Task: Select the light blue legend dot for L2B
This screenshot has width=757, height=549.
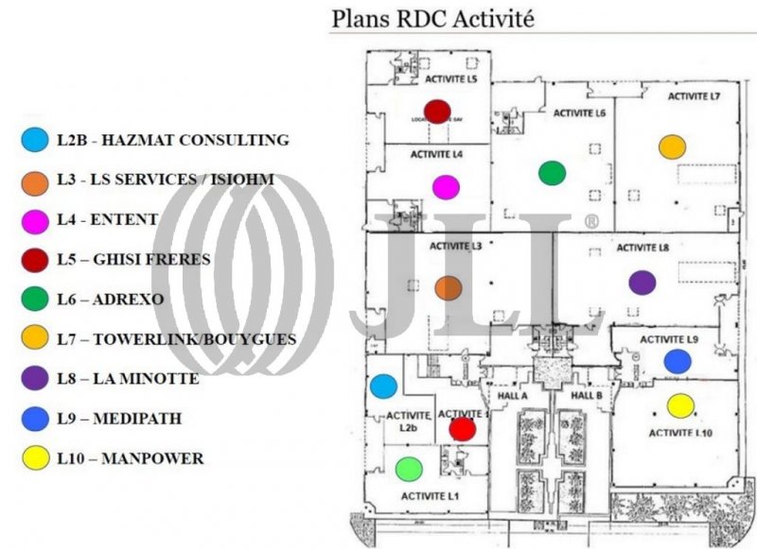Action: pyautogui.click(x=34, y=141)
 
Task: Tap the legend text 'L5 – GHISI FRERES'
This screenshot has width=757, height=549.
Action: pyautogui.click(x=132, y=259)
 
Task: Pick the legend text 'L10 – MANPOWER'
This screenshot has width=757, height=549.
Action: pyautogui.click(x=130, y=459)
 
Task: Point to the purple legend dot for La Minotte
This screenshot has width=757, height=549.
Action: pyautogui.click(x=34, y=379)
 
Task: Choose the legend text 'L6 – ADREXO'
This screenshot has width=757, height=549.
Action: pyautogui.click(x=110, y=300)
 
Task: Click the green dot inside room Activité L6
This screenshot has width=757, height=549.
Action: pyautogui.click(x=552, y=173)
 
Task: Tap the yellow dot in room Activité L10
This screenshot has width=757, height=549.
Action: pyautogui.click(x=680, y=406)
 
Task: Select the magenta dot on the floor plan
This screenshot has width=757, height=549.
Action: pyautogui.click(x=446, y=187)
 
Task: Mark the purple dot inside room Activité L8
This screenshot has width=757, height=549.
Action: pyautogui.click(x=642, y=282)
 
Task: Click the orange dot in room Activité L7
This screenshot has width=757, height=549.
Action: pyautogui.click(x=672, y=146)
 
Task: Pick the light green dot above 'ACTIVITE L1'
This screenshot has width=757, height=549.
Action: pyautogui.click(x=408, y=469)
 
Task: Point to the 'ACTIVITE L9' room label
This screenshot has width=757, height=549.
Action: pyautogui.click(x=669, y=339)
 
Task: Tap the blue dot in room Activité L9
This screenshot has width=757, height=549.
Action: pyautogui.click(x=677, y=361)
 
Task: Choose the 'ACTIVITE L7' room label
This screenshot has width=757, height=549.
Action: pyautogui.click(x=695, y=96)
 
